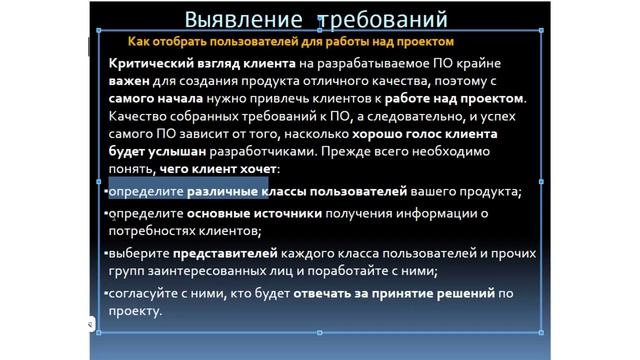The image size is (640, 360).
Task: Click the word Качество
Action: pyautogui.click(x=139, y=117)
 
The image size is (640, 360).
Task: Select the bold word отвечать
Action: pyautogui.click(x=327, y=293)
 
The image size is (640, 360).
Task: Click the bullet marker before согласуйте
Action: pyautogui.click(x=105, y=292)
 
